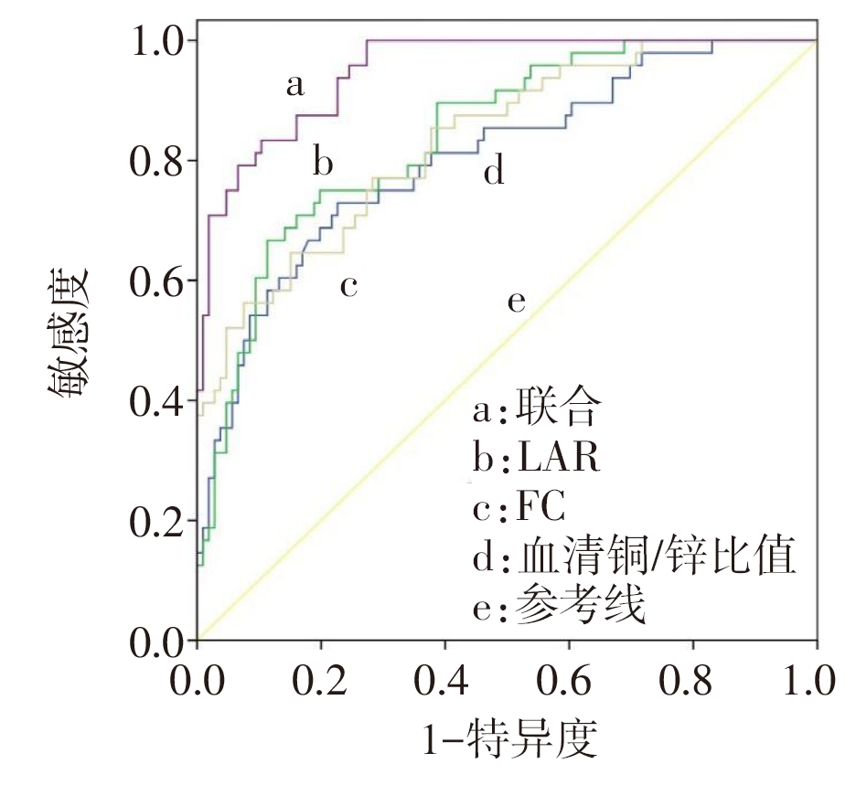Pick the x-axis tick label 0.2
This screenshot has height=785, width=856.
pyautogui.click(x=321, y=681)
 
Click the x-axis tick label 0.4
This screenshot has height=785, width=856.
pyautogui.click(x=445, y=681)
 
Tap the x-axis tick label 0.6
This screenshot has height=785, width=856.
pyautogui.click(x=569, y=681)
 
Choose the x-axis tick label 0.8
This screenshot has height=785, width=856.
pyautogui.click(x=692, y=681)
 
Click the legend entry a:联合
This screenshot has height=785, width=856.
pyautogui.click(x=536, y=409)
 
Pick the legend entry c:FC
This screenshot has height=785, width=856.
pyautogui.click(x=520, y=508)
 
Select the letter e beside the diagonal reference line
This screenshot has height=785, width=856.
pyautogui.click(x=517, y=302)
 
